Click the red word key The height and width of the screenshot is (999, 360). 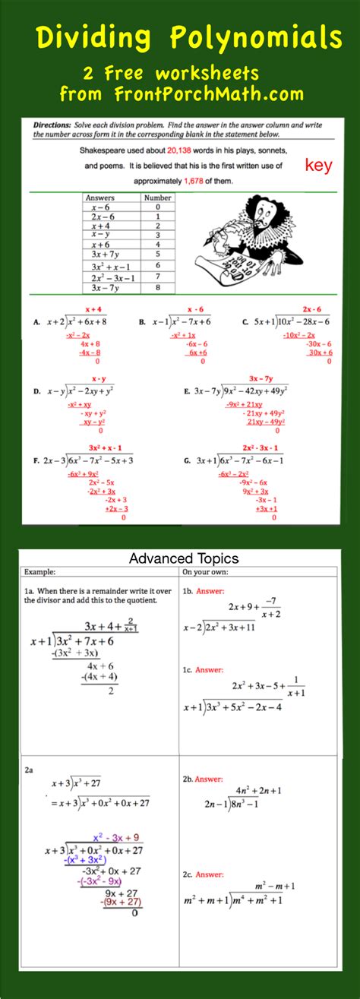318,166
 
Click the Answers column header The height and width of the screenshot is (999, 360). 99,198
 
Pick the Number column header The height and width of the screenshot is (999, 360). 157,198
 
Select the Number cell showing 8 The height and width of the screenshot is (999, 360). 157,288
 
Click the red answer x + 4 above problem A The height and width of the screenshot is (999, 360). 93,309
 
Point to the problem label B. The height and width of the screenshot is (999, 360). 142,322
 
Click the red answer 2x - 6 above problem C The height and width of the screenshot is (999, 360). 311,309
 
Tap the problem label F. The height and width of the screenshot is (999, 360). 36,460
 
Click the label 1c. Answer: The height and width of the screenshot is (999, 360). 202,670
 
